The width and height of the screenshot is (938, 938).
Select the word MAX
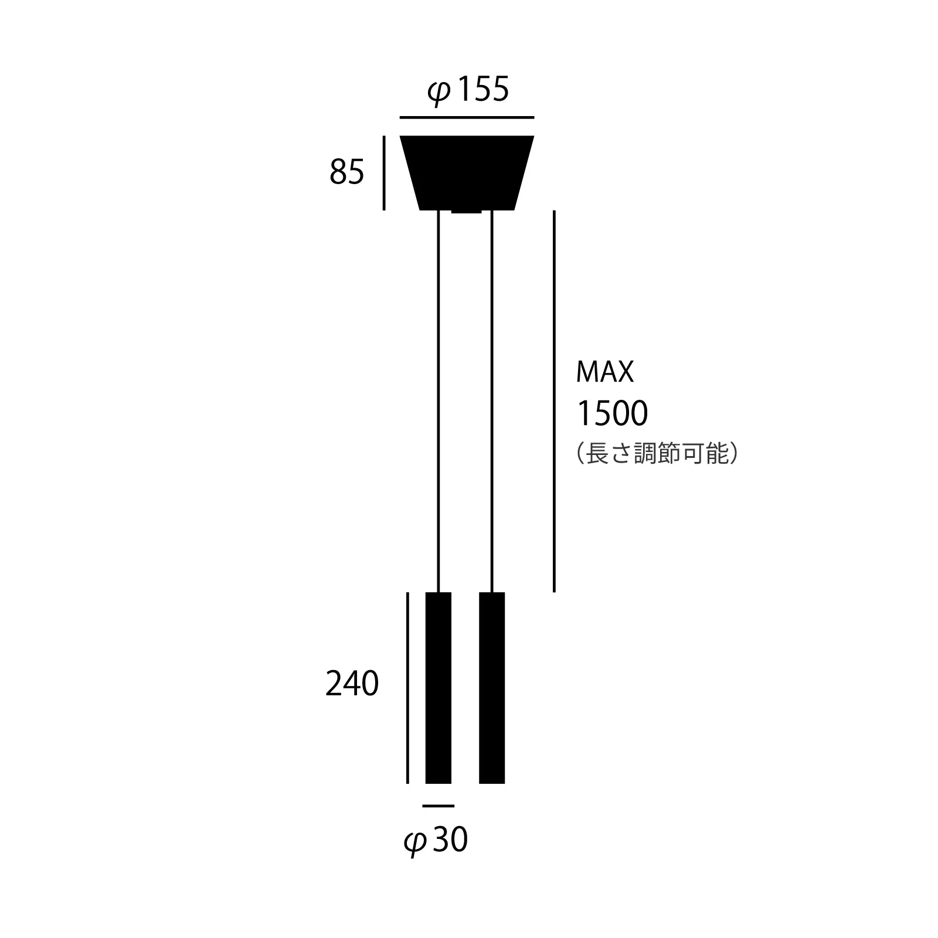pos(605,372)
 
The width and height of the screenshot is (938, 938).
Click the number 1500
pos(613,413)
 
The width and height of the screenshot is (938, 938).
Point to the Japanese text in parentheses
pos(657,454)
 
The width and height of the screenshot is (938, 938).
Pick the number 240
pos(352,684)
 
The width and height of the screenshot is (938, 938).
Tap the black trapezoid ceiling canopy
pos(467,172)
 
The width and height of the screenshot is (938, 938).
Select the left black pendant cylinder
pos(439,688)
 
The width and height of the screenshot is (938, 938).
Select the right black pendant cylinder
pos(492,688)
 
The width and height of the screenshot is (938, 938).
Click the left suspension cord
pos(439,399)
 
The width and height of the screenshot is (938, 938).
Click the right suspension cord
pos(492,399)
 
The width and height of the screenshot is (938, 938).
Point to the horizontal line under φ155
pos(467,118)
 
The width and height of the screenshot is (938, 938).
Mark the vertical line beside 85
pos(384,173)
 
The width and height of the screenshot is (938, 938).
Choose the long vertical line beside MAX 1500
pos(554,402)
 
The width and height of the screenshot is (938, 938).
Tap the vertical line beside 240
pos(407,688)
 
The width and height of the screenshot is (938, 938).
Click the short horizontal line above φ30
pos(438,806)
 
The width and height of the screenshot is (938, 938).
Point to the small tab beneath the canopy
pos(467,212)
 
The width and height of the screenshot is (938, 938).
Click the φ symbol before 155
pos(439,93)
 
